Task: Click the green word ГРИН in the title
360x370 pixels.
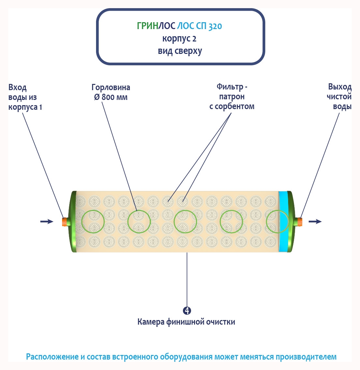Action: coord(148,26)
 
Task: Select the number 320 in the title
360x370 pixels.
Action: coord(215,26)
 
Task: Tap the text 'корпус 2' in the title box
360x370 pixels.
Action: coord(179,39)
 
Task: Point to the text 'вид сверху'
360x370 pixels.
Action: coord(180,51)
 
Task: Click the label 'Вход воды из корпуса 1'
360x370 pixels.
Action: coord(25,97)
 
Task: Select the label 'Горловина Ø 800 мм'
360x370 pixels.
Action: coord(111,92)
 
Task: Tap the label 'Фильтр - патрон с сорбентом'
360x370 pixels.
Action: coord(232,97)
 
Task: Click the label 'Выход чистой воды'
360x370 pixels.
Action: coord(339,97)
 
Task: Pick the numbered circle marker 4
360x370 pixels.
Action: coord(187,311)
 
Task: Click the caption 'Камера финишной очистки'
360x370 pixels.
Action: coord(186,322)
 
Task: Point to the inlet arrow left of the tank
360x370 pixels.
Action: coord(47,222)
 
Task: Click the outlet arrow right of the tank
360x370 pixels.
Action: coord(315,222)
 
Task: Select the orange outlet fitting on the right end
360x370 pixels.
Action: coord(299,222)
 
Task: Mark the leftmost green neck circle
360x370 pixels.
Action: coord(93,222)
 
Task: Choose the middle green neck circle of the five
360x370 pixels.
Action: coord(186,222)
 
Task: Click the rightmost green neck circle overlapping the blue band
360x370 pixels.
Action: coord(278,222)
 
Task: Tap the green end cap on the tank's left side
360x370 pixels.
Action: coord(73,222)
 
